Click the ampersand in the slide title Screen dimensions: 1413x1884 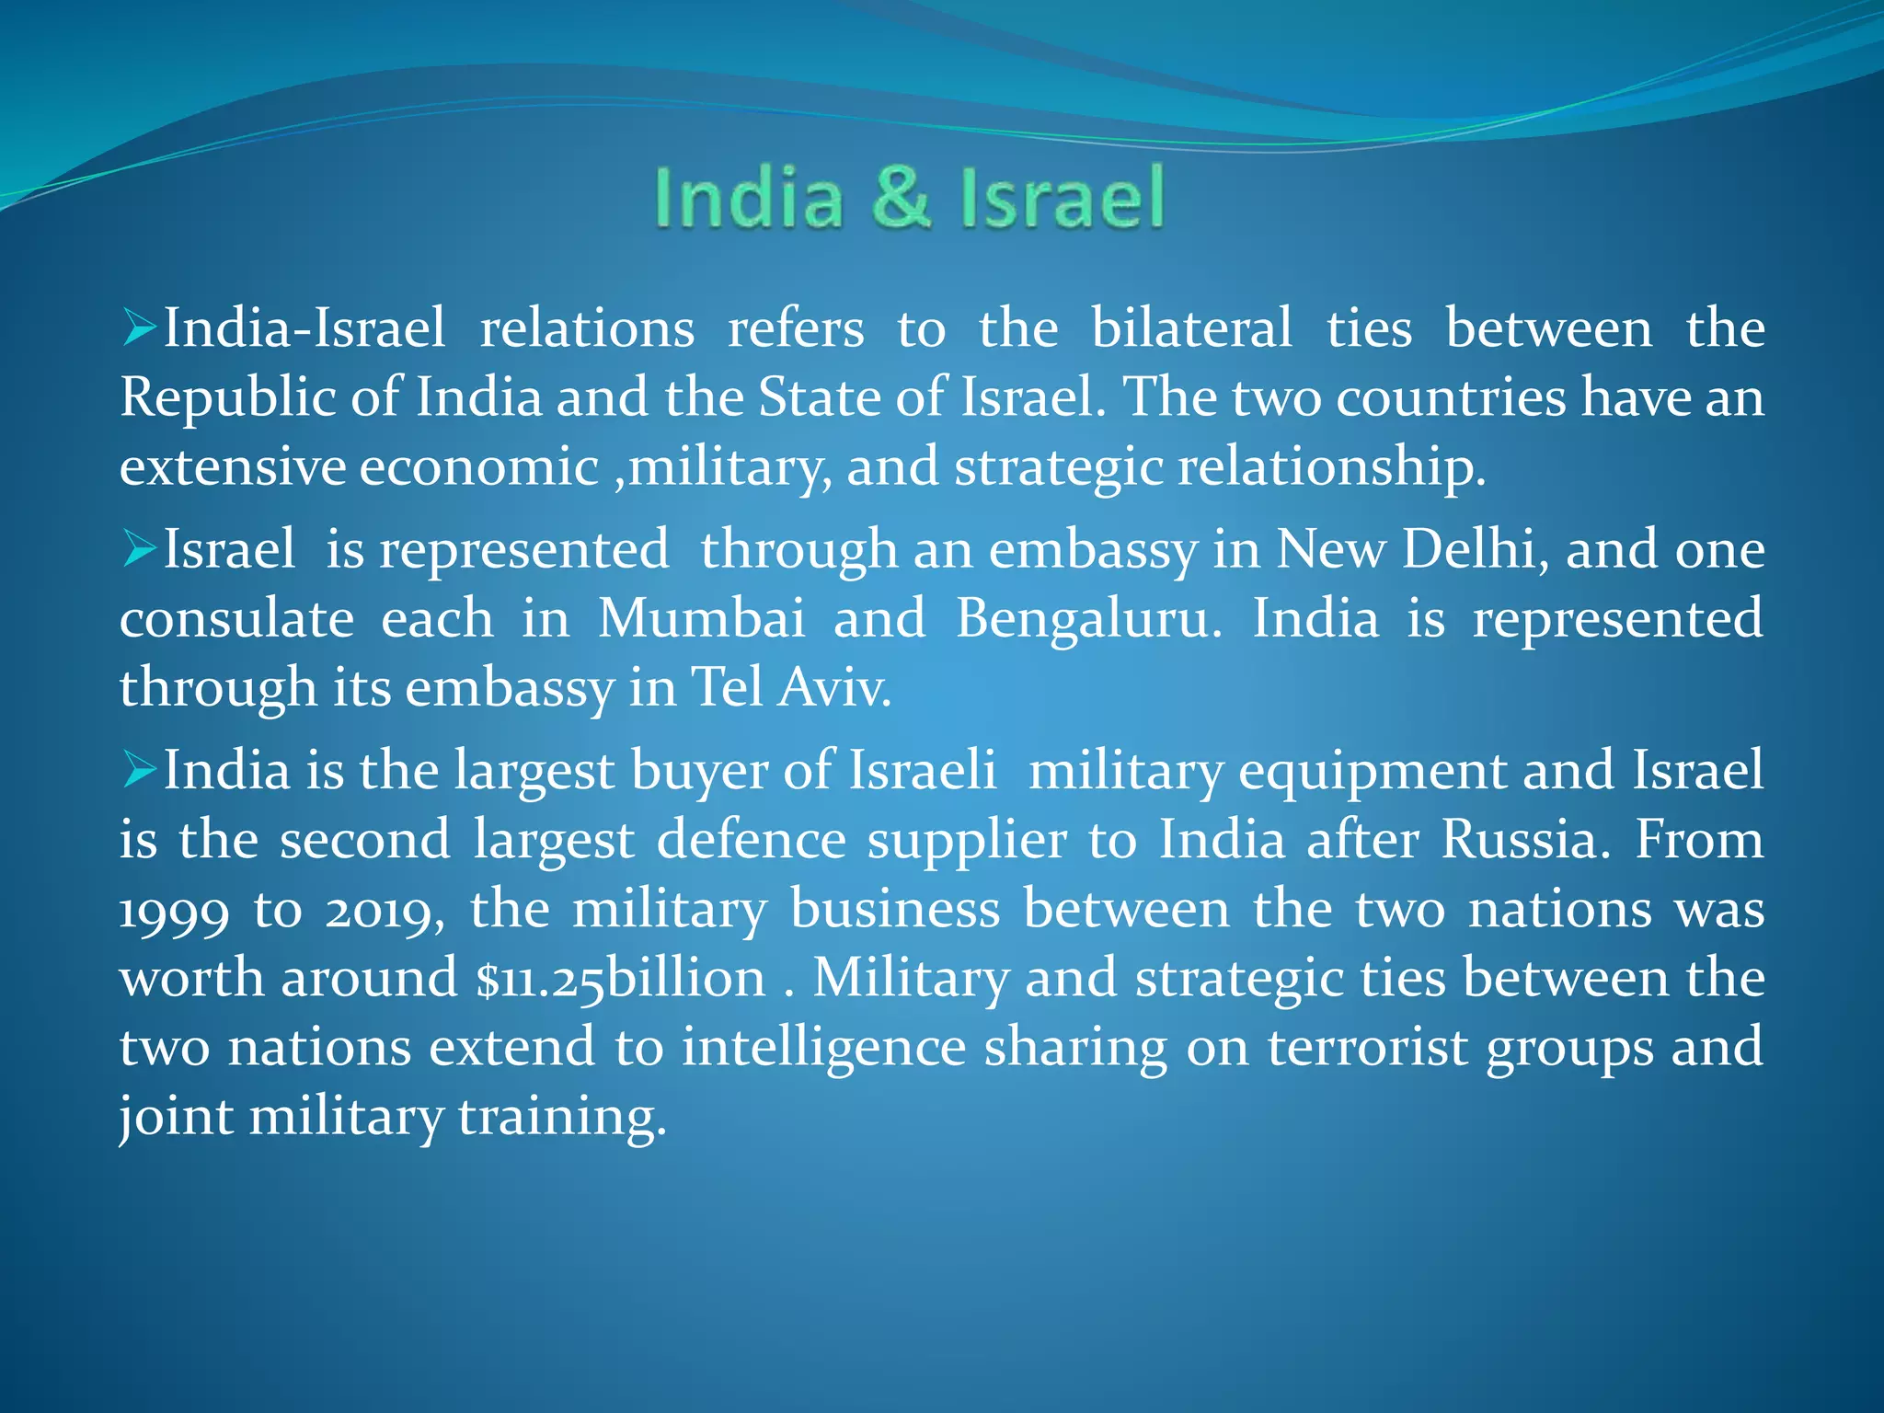(901, 197)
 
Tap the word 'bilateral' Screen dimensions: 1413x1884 (1191, 328)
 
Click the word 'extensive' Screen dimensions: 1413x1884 (233, 466)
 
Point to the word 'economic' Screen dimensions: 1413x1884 (478, 466)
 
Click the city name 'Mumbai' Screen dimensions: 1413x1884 (701, 617)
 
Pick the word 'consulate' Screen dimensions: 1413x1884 (236, 617)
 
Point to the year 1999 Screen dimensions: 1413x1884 (174, 911)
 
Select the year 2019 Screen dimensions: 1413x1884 (385, 911)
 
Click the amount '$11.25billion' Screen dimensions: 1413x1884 (621, 978)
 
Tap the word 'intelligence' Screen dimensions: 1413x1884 (823, 1049)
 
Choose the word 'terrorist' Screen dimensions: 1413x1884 (1367, 1047)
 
